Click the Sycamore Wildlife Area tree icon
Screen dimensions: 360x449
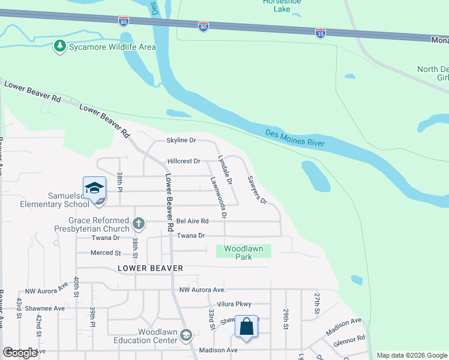pos(59,46)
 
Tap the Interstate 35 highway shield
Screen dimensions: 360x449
pos(321,32)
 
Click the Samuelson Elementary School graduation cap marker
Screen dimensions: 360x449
pos(94,188)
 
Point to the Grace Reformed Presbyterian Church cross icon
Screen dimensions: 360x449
pos(139,224)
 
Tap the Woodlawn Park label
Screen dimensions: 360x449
pos(246,253)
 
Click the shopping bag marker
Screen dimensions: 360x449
pos(246,328)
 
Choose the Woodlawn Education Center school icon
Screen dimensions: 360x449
pos(186,335)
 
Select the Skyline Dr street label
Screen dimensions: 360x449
pos(181,140)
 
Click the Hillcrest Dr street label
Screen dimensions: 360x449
pos(184,161)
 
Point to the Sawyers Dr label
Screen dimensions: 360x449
pos(257,190)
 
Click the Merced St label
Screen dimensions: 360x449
pos(106,253)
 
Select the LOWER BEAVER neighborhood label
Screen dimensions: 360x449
pos(150,268)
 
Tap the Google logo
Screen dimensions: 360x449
pos(20,353)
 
